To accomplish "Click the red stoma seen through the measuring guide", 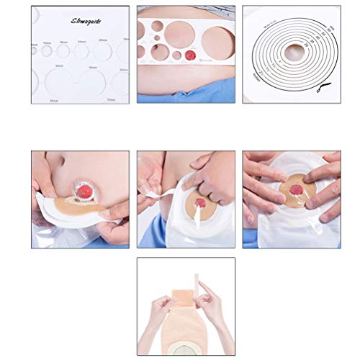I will pos(190,55).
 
